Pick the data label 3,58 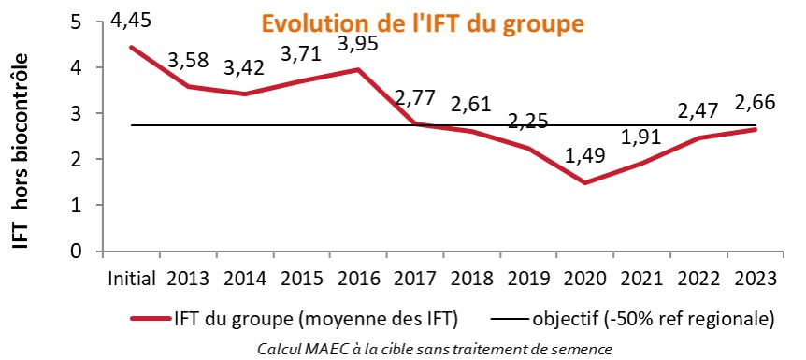192,61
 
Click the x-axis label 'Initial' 134,278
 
